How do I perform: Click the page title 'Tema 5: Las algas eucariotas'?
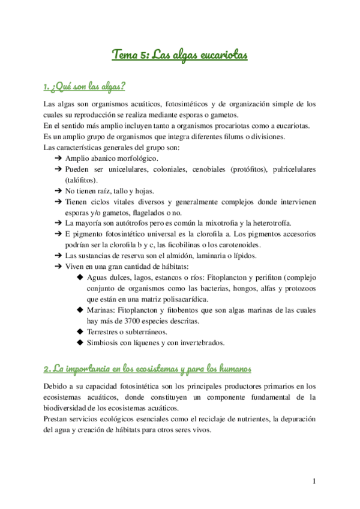(179, 55)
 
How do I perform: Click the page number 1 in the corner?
(314, 481)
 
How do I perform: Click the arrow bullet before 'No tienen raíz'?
(58, 190)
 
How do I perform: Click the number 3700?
(129, 321)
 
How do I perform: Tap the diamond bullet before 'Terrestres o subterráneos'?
(80, 332)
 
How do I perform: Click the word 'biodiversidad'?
(69, 408)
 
